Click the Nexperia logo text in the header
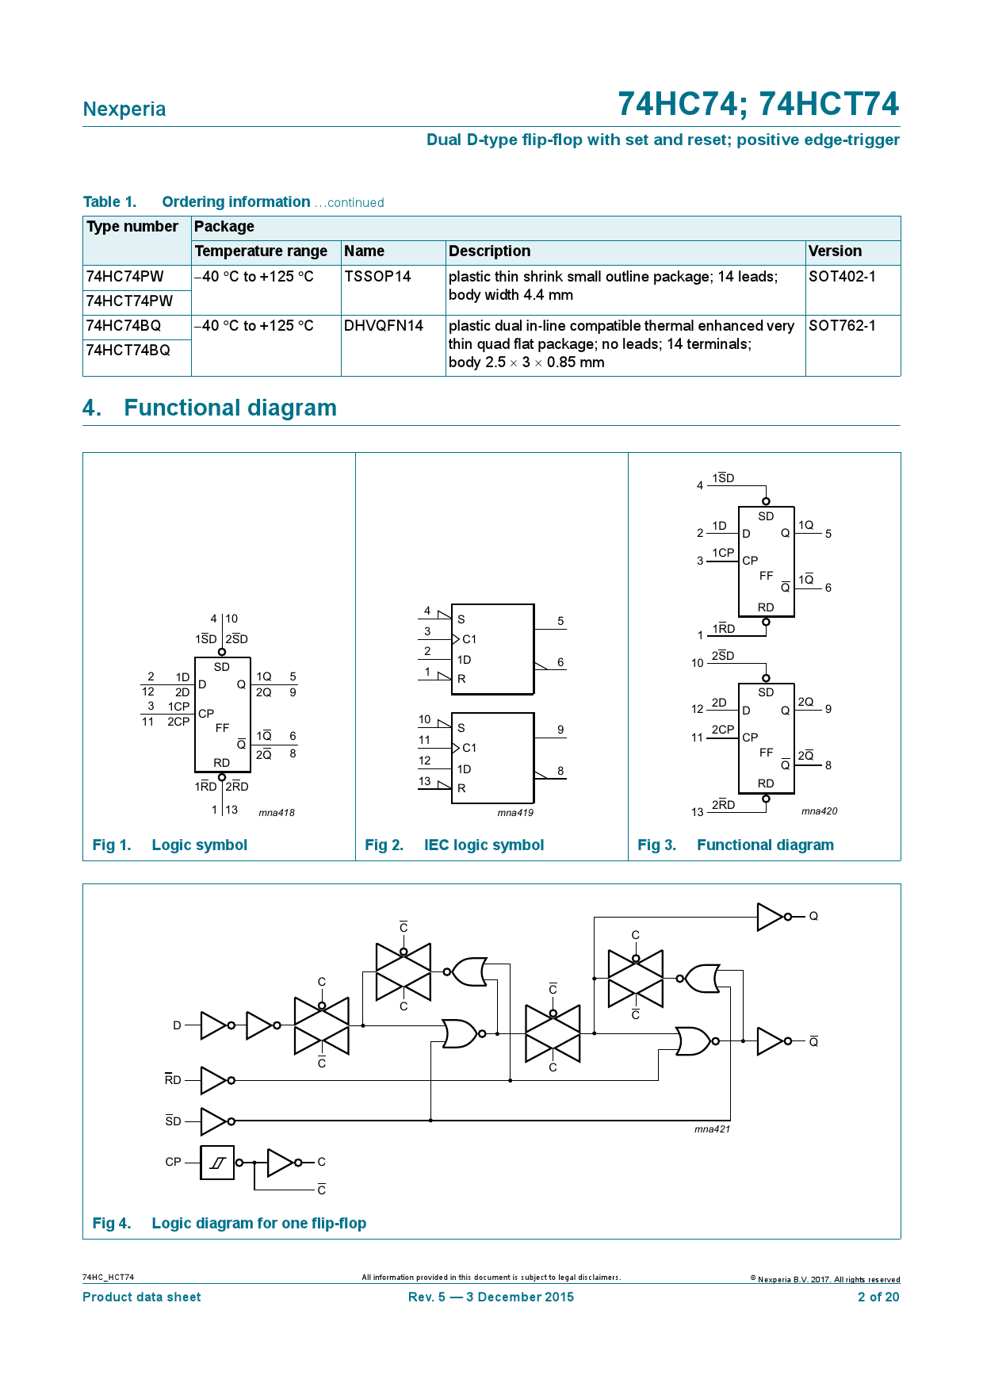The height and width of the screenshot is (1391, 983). tap(124, 109)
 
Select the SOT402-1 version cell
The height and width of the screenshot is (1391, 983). tap(842, 277)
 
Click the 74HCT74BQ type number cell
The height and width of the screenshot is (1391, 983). tap(128, 351)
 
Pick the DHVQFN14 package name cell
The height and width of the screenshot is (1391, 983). tap(384, 326)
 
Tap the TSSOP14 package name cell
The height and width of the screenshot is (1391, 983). tap(377, 277)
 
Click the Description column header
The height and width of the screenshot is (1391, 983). tap(489, 251)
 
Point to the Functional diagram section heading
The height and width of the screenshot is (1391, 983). tap(230, 408)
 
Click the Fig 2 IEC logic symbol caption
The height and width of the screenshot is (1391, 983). tap(454, 845)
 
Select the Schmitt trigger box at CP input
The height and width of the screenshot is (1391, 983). tap(217, 1163)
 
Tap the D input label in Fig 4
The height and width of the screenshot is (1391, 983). tap(177, 1025)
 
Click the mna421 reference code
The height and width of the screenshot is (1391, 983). tap(712, 1129)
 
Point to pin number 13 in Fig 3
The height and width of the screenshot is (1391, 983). tap(698, 812)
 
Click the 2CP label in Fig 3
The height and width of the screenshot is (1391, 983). tap(722, 730)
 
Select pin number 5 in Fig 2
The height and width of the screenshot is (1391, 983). tap(560, 622)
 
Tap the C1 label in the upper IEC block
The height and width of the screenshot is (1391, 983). tap(469, 639)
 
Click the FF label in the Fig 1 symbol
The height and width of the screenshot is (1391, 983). tap(222, 728)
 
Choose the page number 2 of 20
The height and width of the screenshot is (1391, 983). tap(878, 1297)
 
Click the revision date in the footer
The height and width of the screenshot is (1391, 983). tap(491, 1297)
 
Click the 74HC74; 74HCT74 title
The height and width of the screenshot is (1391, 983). tap(758, 105)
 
